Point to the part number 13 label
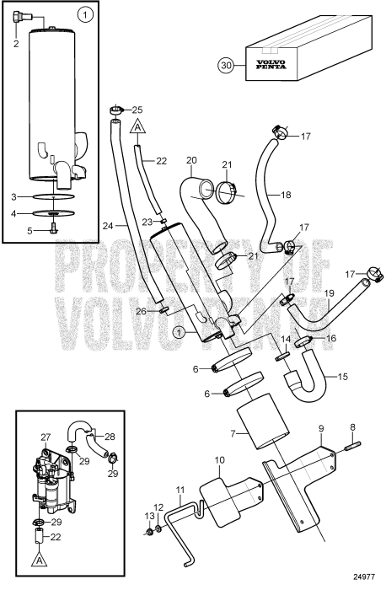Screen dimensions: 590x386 pos(148,539)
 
